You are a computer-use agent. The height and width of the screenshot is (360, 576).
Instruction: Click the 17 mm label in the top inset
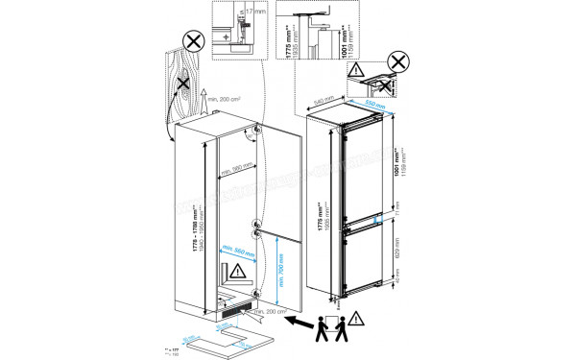pyautogui.click(x=252, y=13)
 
